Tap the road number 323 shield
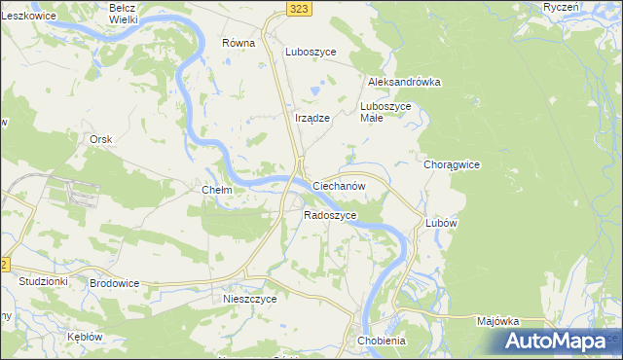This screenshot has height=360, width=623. [300, 8]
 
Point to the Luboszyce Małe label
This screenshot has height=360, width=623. [387, 111]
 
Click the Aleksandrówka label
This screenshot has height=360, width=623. [404, 83]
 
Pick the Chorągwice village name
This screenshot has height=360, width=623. [452, 165]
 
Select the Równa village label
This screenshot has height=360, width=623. [238, 43]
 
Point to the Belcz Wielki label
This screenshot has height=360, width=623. [123, 13]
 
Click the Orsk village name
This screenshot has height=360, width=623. [101, 139]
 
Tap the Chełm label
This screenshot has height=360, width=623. [216, 190]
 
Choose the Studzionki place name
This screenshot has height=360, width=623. [43, 281]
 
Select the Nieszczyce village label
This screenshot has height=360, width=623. [250, 299]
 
